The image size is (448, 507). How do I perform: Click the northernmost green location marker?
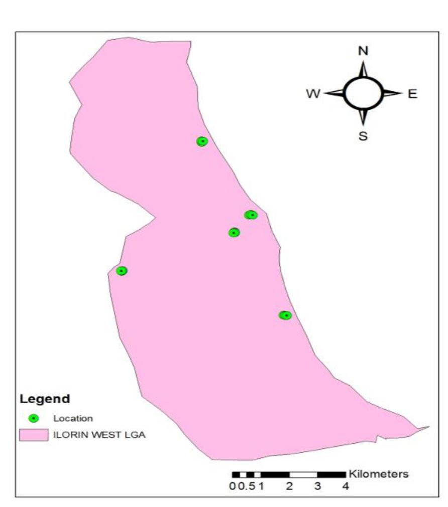[202, 141]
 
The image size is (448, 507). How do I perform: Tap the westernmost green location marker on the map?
[122, 271]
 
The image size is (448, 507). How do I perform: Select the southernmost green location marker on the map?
[285, 315]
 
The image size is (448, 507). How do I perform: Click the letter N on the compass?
[363, 51]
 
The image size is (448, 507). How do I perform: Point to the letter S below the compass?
[363, 136]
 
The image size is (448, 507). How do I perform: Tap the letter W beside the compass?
[314, 94]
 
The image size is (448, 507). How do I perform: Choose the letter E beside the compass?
[412, 94]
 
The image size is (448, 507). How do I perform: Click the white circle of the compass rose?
[363, 93]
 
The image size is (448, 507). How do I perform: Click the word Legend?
[45, 400]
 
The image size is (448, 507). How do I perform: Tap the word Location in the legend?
[73, 418]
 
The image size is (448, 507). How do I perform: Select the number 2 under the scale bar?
[289, 486]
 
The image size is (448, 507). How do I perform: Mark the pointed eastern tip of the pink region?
[428, 428]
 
